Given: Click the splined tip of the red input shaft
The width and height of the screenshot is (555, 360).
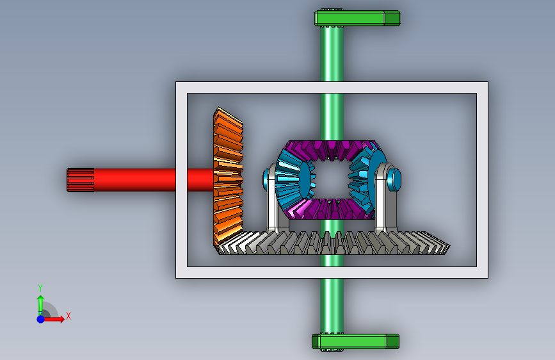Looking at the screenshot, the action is coord(81,180).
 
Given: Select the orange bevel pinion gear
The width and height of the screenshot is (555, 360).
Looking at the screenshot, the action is coord(228,177).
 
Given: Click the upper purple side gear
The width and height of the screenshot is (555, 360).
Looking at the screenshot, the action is coord(332,149).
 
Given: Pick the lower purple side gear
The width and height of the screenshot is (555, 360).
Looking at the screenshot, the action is coord(331,209).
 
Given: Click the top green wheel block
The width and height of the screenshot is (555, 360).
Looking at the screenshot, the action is coord(357,18).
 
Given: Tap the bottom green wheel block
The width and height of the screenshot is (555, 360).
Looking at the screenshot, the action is coord(355,341).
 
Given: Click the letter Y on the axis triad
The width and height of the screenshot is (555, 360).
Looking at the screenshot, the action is coord(40,288).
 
